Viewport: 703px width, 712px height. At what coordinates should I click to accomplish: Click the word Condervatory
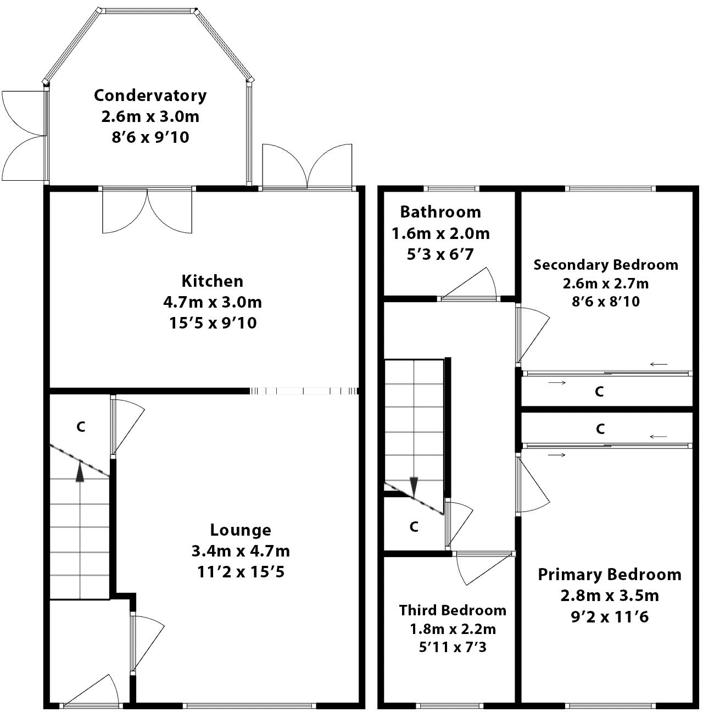point(150,96)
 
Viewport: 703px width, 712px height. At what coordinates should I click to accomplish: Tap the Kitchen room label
point(212,281)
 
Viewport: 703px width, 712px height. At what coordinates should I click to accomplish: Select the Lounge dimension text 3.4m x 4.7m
point(241,551)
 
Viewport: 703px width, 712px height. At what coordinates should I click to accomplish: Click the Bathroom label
point(440,212)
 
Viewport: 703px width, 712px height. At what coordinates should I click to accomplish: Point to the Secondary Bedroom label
point(605,265)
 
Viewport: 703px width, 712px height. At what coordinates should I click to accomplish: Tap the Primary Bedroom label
point(609,575)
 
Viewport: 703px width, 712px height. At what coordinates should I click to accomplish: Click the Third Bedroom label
point(453,610)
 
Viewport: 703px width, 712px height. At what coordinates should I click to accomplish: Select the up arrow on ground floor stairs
point(80,471)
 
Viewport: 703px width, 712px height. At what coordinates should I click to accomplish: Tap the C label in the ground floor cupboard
point(81,427)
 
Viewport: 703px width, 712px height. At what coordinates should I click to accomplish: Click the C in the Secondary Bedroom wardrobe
point(599,392)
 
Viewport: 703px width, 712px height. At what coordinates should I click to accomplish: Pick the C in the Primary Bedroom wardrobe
point(600,429)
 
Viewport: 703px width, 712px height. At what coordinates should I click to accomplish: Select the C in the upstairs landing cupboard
point(414,527)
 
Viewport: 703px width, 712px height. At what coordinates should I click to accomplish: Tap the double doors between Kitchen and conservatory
point(147,212)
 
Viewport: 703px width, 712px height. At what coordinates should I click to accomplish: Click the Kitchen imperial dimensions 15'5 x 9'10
point(212,323)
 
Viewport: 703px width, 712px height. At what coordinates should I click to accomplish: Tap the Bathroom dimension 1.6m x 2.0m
point(440,233)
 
